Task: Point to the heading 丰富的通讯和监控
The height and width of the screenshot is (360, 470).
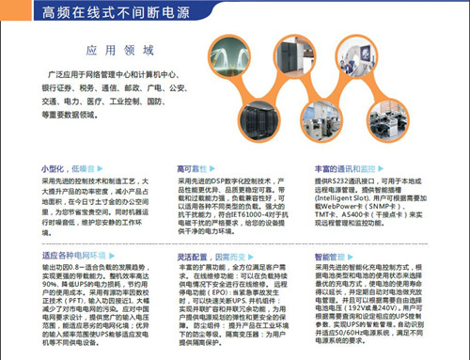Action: (x=346, y=167)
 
